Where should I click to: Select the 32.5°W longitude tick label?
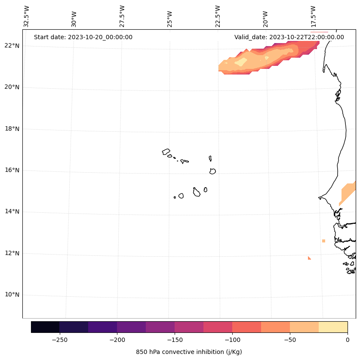coord(27,16)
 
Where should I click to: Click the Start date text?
coord(83,37)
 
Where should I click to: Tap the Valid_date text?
coord(289,37)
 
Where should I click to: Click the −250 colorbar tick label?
coord(59,340)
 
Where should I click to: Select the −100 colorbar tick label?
coord(232,340)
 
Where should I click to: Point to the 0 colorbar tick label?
coord(348,340)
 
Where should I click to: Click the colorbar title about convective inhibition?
coord(189,352)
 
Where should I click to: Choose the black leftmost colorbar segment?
coord(45,327)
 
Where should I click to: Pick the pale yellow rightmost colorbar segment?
coord(333,327)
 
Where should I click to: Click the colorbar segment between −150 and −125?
coord(189,327)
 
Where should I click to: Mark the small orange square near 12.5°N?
coord(323,241)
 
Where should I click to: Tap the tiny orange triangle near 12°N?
coord(309,258)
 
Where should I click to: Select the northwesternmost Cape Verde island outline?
coord(166,152)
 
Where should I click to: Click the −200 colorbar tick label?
coord(117,340)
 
